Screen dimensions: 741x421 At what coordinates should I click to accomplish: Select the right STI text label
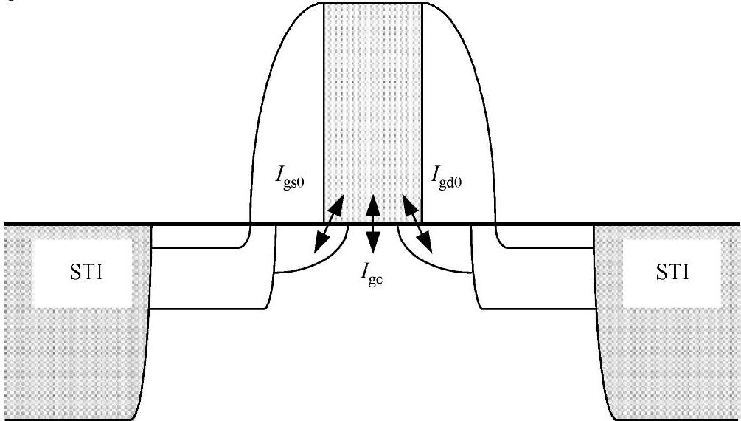click(672, 273)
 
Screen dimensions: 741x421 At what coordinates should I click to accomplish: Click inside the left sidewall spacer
click(288, 111)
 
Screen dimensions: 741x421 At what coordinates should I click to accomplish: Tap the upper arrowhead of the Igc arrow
click(373, 200)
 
